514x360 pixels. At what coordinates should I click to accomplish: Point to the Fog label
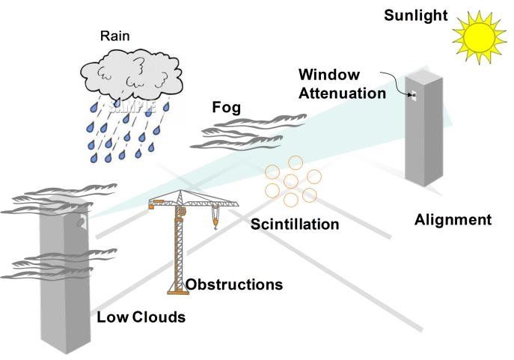click(226, 109)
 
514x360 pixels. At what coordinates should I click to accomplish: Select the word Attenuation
click(341, 94)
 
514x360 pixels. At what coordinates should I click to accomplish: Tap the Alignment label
click(453, 220)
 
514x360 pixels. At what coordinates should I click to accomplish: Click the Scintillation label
click(295, 224)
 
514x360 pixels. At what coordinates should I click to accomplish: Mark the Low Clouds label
click(141, 317)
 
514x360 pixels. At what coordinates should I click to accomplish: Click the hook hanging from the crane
click(214, 219)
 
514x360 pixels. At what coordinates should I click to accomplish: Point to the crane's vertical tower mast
click(179, 247)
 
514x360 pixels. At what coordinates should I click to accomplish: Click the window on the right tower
click(412, 95)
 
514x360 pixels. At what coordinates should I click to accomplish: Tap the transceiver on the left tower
click(80, 220)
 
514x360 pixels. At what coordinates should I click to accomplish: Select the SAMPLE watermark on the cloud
click(132, 106)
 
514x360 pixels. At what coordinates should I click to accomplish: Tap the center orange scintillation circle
click(291, 181)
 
